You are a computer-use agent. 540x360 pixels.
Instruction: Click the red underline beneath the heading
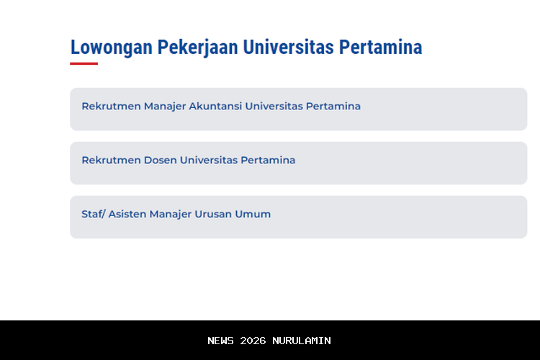point(84,63)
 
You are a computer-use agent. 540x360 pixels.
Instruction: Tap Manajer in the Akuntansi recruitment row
point(165,107)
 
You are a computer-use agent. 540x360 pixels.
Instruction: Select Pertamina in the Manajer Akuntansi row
point(333,107)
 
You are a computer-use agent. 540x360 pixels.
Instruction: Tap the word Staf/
point(93,214)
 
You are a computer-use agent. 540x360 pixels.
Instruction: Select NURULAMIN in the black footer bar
point(302,341)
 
